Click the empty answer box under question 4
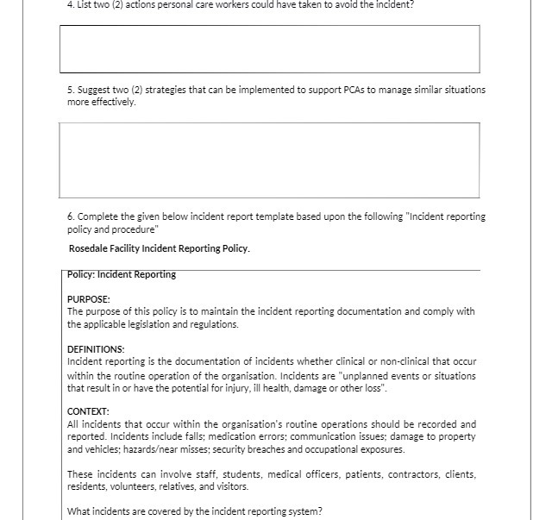point(269,49)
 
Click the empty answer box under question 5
point(269,160)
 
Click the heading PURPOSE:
point(89,299)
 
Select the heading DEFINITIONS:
point(96,349)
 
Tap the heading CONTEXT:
point(88,412)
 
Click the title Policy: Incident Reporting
point(122,275)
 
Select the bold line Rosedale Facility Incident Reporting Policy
point(160,249)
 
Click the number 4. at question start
point(72,4)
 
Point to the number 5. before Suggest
point(71,90)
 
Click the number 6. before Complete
point(71,216)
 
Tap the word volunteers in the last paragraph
point(131,486)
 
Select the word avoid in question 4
point(338,4)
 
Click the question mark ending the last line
point(320,511)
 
